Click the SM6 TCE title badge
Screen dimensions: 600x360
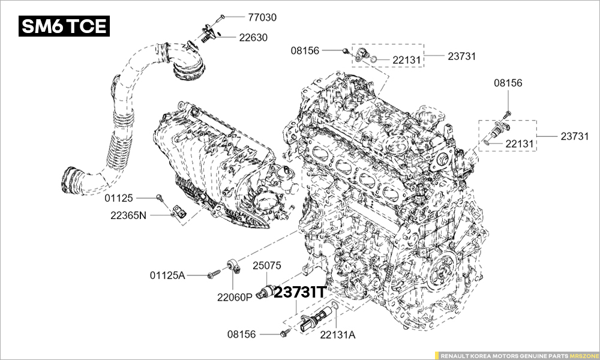[64, 26]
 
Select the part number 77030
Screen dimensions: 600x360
[262, 17]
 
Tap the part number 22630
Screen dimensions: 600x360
[253, 37]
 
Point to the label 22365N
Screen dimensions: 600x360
[128, 215]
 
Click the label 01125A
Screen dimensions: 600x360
[167, 275]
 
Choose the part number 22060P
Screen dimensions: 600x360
[235, 297]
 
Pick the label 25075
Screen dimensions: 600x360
[267, 266]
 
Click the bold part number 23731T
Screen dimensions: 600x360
[300, 293]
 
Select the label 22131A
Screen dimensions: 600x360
[338, 335]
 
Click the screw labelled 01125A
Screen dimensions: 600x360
[214, 274]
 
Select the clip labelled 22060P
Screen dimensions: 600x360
[233, 266]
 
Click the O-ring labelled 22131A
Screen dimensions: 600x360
[334, 305]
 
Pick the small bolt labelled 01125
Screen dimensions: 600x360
[159, 197]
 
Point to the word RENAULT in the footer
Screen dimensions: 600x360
[453, 356]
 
